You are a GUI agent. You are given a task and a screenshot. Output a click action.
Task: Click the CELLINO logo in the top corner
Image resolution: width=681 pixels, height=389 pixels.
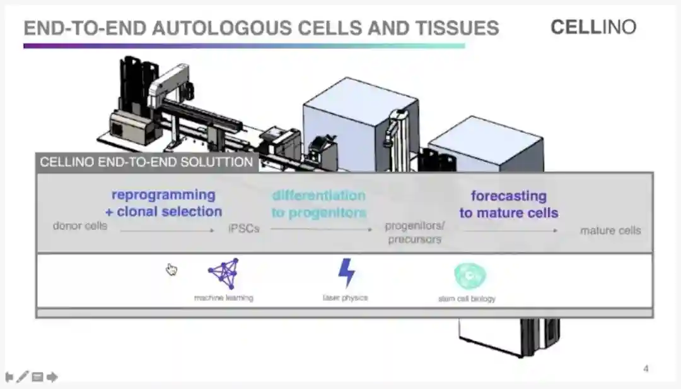tap(593, 27)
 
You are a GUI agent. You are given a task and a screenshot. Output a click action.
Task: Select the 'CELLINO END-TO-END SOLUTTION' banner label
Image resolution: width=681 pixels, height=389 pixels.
tap(146, 162)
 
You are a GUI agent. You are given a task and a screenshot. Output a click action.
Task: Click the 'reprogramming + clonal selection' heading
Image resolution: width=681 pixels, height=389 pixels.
tap(163, 203)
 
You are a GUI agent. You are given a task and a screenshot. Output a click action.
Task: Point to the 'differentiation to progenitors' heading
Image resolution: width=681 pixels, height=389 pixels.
tap(318, 204)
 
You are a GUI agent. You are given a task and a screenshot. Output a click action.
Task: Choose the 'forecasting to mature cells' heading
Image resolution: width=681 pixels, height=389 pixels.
tap(509, 205)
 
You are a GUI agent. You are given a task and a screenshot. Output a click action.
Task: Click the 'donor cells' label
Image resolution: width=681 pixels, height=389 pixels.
tap(79, 225)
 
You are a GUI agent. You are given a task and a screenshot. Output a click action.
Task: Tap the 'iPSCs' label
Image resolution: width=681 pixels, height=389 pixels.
tap(243, 229)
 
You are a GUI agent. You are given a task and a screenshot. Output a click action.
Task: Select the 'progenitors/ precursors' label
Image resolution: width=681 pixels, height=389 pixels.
tap(415, 232)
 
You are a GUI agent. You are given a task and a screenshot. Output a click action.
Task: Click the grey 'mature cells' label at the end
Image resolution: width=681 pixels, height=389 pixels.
tap(610, 230)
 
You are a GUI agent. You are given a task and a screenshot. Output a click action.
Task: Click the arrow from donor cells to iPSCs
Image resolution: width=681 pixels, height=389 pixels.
tap(167, 230)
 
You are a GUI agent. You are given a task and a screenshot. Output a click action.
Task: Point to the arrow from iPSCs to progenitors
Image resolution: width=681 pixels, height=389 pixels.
tap(322, 229)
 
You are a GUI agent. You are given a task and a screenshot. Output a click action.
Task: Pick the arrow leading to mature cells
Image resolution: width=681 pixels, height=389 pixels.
tap(511, 230)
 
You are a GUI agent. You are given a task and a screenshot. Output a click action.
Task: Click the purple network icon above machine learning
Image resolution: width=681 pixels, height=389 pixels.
tap(223, 273)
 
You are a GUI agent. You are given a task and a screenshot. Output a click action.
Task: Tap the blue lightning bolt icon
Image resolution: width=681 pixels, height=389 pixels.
tap(346, 273)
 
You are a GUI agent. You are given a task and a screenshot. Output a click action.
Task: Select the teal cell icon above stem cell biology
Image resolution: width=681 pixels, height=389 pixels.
tap(470, 276)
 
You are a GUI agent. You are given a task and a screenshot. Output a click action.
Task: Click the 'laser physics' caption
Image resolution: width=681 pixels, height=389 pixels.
tap(345, 297)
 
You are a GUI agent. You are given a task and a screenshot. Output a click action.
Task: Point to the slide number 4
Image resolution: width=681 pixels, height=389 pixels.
tap(646, 369)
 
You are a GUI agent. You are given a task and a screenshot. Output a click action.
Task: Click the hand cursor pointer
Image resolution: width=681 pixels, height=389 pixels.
tap(172, 270)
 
